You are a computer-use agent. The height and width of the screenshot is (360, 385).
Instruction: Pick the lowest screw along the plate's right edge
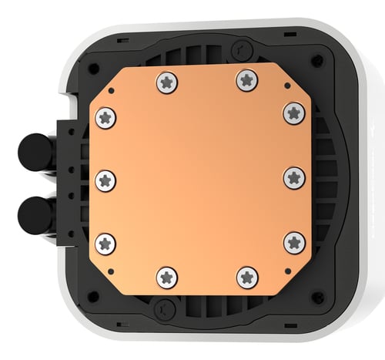[293, 242]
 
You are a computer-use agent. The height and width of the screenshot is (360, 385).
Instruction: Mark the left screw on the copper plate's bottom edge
[166, 277]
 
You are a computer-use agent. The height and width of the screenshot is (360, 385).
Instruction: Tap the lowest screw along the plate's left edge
[106, 242]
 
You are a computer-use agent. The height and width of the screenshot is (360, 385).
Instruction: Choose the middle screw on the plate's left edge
[106, 180]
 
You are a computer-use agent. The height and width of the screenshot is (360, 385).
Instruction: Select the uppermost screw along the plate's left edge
[106, 117]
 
